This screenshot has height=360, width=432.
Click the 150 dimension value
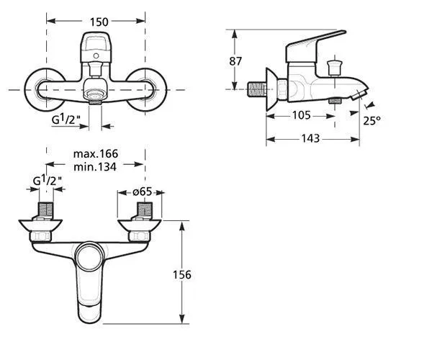click(96, 22)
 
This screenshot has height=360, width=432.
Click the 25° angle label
click(372, 121)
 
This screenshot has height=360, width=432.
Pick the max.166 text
click(96, 154)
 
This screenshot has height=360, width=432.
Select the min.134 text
click(96, 167)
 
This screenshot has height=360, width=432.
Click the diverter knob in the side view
click(333, 68)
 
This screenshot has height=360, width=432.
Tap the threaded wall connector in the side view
click(256, 89)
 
